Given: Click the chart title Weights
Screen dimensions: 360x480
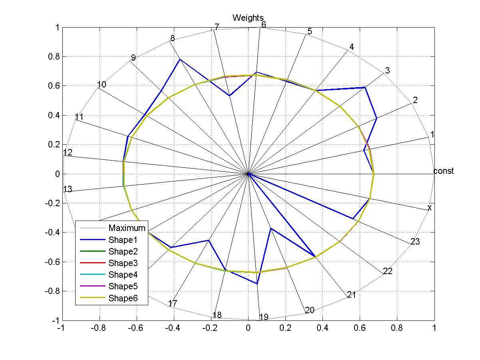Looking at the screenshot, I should pyautogui.click(x=248, y=18).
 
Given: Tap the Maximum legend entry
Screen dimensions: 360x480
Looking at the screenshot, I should pyautogui.click(x=127, y=228).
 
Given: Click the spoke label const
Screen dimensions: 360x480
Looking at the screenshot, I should pyautogui.click(x=444, y=171).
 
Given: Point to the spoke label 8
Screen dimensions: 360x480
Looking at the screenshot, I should pyautogui.click(x=172, y=38).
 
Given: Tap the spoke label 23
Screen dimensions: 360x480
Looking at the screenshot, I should pyautogui.click(x=415, y=241).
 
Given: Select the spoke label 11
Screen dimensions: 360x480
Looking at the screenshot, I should pyautogui.click(x=79, y=117).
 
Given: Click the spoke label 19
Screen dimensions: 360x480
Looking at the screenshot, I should pyautogui.click(x=263, y=317).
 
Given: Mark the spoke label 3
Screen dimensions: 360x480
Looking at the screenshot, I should pyautogui.click(x=387, y=71).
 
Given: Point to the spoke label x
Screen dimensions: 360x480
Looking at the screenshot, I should pyautogui.click(x=430, y=208).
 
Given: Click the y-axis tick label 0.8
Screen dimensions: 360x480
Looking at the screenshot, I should pyautogui.click(x=52, y=57).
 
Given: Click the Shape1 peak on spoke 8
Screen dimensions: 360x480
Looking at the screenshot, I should pyautogui.click(x=180, y=59).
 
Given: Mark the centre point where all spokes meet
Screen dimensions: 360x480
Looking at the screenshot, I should pyautogui.click(x=248, y=174).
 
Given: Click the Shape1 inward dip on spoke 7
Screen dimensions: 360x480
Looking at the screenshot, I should pyautogui.click(x=229, y=95).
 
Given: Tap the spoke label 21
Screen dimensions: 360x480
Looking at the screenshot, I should pyautogui.click(x=351, y=295).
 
